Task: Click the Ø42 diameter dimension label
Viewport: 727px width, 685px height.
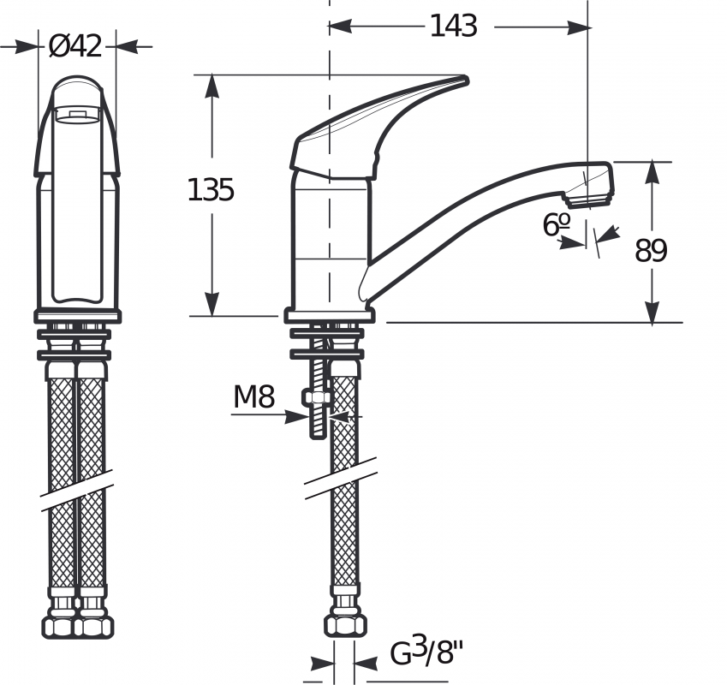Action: pos(76,46)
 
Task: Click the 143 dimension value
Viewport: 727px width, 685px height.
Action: pos(453,27)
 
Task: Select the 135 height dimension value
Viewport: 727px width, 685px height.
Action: pos(211,189)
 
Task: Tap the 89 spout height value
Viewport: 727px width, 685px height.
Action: pos(651,251)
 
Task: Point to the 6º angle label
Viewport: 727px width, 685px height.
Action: pos(557,224)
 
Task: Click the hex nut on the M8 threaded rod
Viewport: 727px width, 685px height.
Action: pos(318,397)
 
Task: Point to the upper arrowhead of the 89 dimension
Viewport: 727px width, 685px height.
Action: pos(653,170)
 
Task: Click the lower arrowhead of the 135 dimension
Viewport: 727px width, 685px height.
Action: pos(212,306)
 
